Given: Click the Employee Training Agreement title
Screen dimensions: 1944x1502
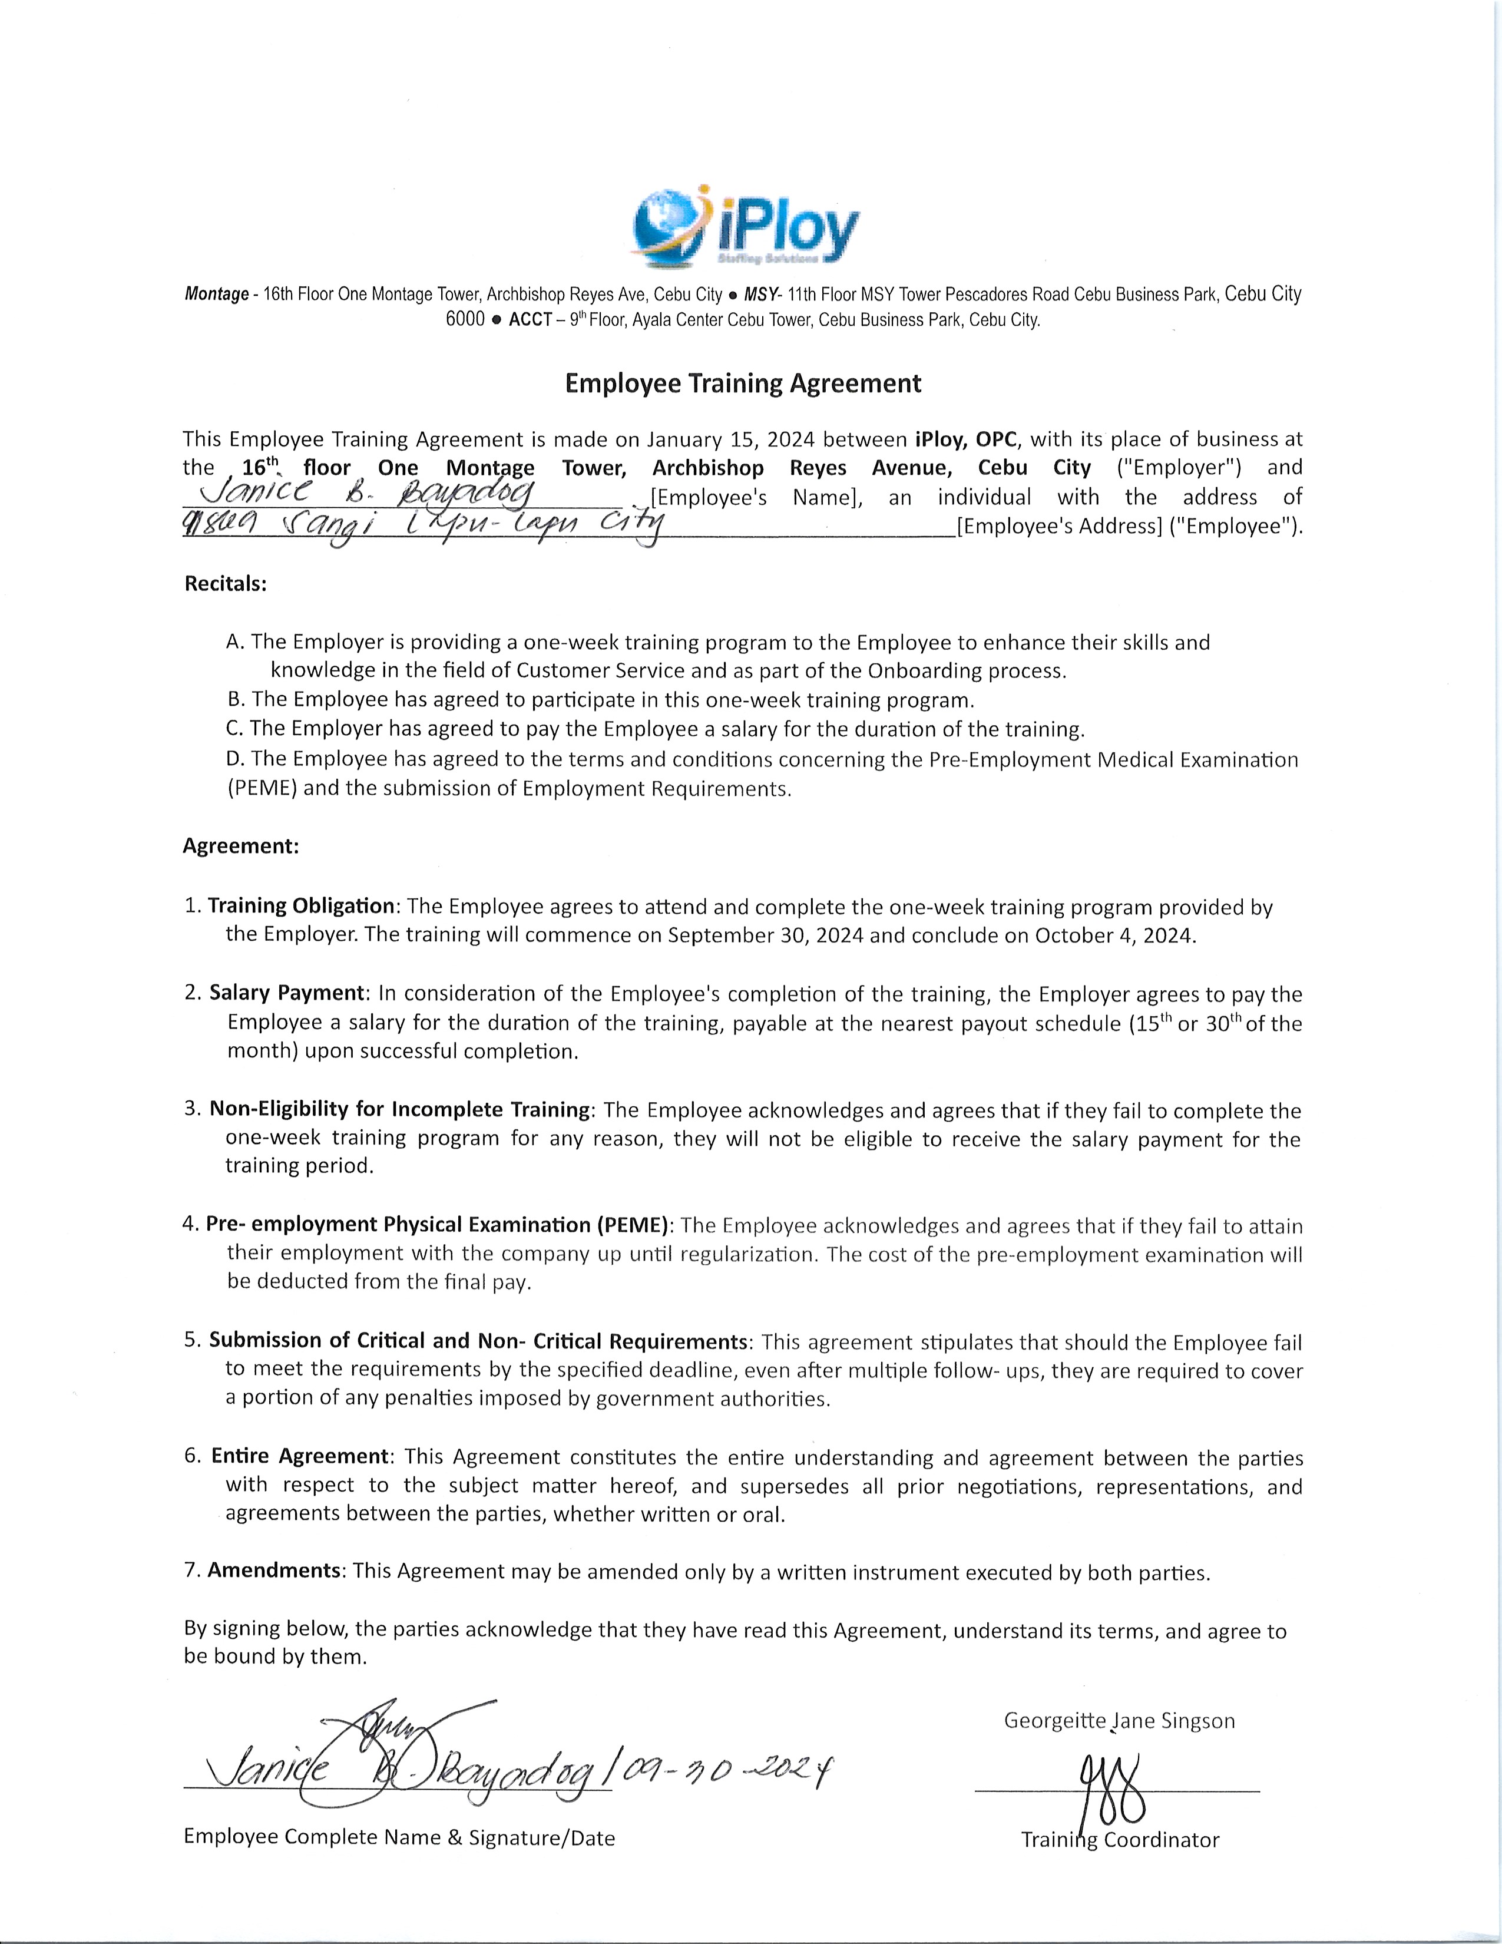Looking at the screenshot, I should (743, 383).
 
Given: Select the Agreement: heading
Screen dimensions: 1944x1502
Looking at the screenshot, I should (240, 845).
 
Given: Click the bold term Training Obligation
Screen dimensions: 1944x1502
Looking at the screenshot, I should (301, 906).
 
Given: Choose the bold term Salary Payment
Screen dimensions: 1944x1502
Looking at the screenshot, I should (286, 993).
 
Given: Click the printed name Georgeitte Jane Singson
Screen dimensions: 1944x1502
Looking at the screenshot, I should (1119, 1721).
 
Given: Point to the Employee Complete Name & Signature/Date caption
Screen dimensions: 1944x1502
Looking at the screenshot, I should (399, 1838).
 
